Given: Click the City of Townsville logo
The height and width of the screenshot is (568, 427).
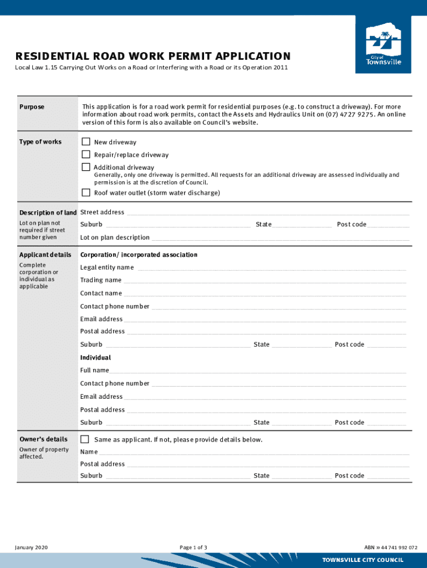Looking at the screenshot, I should [383, 44].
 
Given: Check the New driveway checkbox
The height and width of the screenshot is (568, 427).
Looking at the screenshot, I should [86, 142].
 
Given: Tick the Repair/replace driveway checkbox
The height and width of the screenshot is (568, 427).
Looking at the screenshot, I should [86, 155].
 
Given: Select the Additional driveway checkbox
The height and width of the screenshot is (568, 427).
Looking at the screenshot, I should [86, 167].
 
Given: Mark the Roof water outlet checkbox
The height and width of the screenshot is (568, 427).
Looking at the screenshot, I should [86, 193].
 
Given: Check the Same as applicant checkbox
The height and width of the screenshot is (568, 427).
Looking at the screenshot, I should [85, 439].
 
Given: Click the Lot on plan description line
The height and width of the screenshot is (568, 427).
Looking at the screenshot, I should [280, 239].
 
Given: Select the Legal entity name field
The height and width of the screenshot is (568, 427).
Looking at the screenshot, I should [271, 268].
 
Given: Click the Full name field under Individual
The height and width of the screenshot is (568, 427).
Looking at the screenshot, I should [258, 371].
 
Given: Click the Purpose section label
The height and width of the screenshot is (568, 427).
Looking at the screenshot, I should [32, 107].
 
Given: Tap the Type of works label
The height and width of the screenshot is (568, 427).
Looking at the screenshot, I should [40, 142].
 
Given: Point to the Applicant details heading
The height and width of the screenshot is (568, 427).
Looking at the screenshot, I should [45, 255].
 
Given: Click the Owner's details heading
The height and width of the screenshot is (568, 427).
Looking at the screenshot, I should [43, 439].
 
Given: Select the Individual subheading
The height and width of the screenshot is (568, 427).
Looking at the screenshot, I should [95, 358].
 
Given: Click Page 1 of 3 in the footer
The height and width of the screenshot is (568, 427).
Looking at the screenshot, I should [194, 547].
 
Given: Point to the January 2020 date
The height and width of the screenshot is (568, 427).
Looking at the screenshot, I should [31, 547].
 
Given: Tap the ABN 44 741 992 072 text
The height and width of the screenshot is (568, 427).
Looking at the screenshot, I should [391, 547].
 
